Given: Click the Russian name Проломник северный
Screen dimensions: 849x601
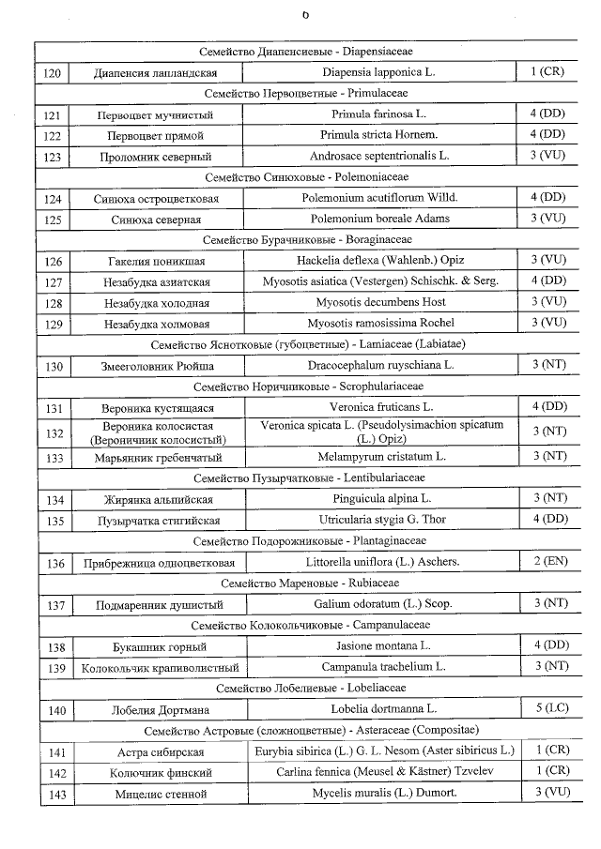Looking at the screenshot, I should (156, 157).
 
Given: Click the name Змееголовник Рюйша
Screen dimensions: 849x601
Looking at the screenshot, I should (156, 365).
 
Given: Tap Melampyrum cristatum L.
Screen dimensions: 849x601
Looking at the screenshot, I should (381, 457).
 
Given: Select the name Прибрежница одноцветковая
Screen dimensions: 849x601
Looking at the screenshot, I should (156, 564).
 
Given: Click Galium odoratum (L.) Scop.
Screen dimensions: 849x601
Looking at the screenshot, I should (381, 605).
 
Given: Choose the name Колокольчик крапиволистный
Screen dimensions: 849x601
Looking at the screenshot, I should (156, 668).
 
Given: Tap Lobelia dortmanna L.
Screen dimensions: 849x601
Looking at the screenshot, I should (381, 710).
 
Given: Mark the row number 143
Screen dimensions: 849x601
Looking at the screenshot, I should (55, 794).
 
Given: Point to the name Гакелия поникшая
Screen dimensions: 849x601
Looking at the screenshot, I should (156, 261).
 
